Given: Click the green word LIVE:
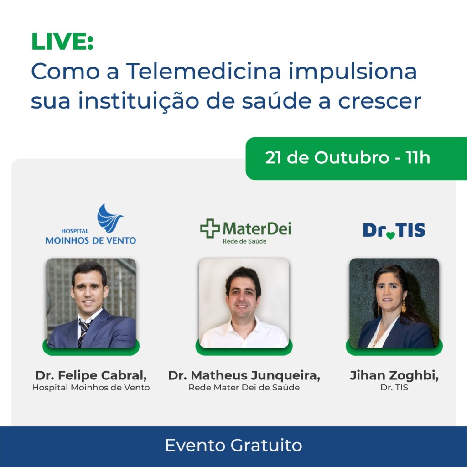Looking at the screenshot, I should point(62,42).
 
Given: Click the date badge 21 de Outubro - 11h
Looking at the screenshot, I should point(348,158).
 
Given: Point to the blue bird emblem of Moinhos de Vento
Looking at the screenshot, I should point(109,218).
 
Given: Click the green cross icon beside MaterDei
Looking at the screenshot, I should point(210,228).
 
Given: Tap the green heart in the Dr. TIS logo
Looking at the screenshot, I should point(390,236).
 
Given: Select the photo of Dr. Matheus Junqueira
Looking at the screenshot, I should point(244,303).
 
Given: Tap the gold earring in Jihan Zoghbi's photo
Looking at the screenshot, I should point(403,307).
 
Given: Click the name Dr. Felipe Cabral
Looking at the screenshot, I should point(91,375).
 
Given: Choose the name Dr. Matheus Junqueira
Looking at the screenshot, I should point(244,375).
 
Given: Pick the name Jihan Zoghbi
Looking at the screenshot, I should point(394,375).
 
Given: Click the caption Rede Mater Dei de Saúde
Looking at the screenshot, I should point(244,388).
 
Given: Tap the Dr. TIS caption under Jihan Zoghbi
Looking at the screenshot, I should point(394,388).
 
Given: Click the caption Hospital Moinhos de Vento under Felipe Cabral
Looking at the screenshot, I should point(91,388).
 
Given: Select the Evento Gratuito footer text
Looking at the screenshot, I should point(233,446).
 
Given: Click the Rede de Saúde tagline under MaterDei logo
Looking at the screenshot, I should point(244,241).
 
